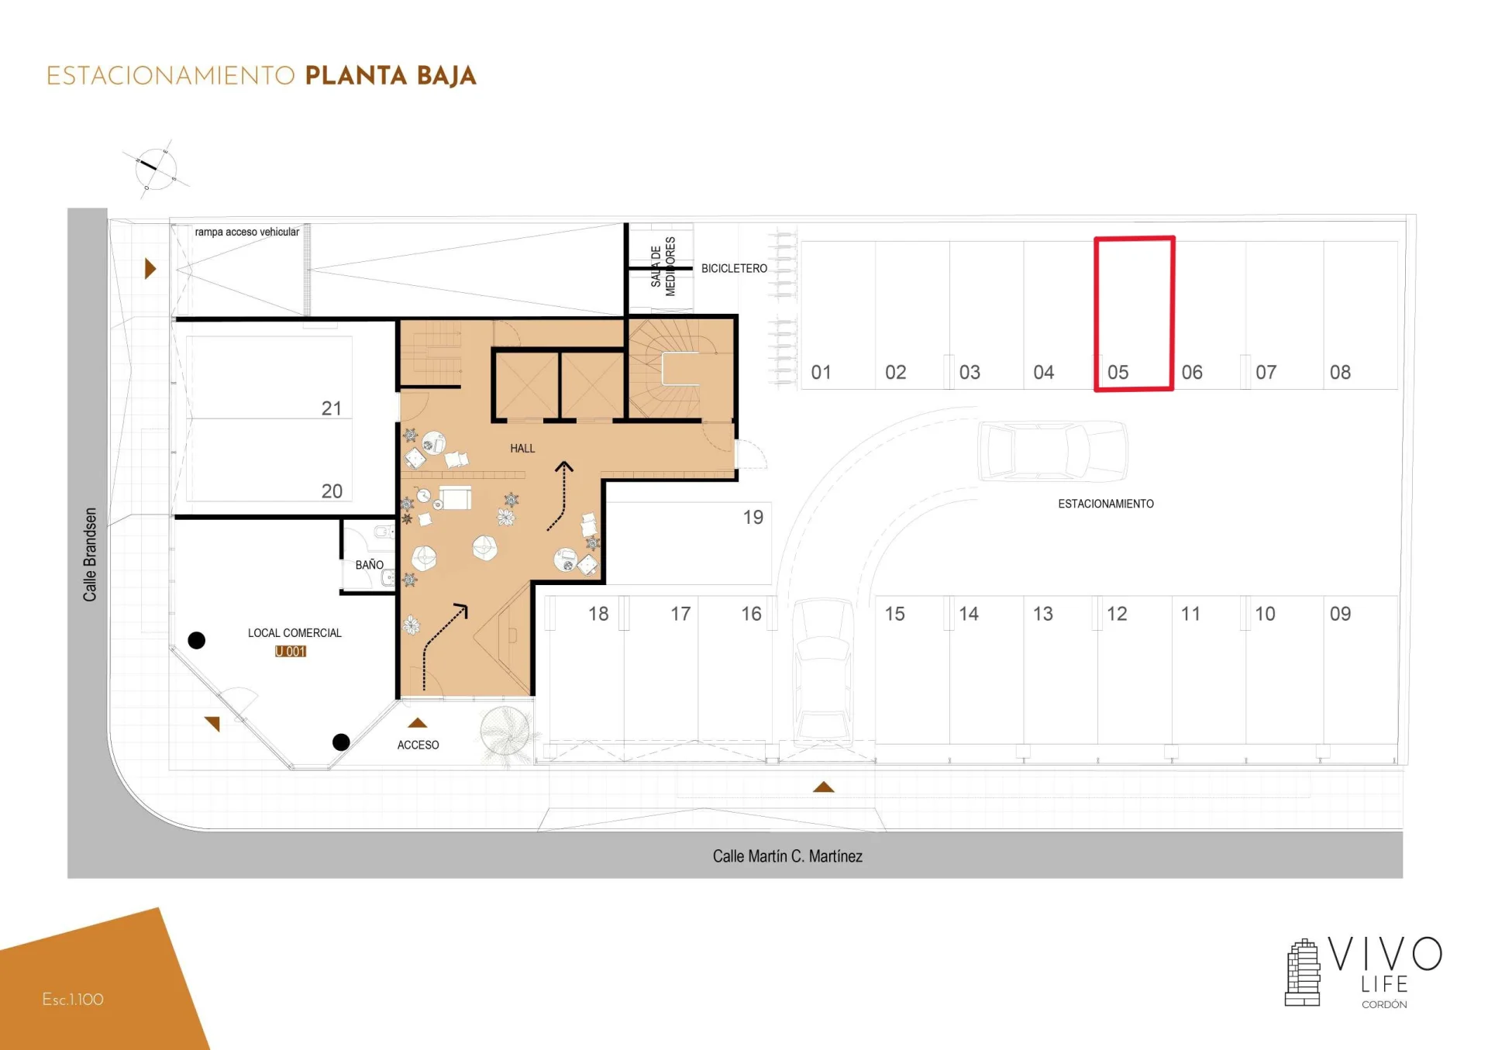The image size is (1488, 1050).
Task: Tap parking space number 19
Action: pyautogui.click(x=753, y=517)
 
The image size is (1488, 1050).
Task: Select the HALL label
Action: pyautogui.click(x=522, y=448)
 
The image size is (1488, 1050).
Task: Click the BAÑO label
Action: pyautogui.click(x=369, y=564)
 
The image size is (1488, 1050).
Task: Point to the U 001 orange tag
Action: pyautogui.click(x=291, y=652)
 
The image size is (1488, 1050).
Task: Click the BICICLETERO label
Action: pyautogui.click(x=734, y=268)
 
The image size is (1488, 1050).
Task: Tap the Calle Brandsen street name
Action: pyautogui.click(x=90, y=554)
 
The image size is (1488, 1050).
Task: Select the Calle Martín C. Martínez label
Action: pyautogui.click(x=787, y=855)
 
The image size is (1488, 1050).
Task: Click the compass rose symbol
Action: pyautogui.click(x=156, y=169)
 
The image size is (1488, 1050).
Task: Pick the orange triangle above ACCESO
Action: pyautogui.click(x=418, y=723)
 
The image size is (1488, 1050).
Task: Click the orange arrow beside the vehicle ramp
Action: pyautogui.click(x=150, y=269)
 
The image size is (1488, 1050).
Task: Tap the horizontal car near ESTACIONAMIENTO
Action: pyautogui.click(x=1052, y=451)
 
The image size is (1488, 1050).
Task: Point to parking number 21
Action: pyautogui.click(x=332, y=408)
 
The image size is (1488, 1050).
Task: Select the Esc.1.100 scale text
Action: pyautogui.click(x=73, y=1000)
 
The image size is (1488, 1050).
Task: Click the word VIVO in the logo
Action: pyautogui.click(x=1385, y=954)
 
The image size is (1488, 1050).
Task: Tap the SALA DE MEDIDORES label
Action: pyautogui.click(x=663, y=266)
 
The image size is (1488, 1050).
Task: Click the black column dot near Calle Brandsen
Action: pyautogui.click(x=197, y=640)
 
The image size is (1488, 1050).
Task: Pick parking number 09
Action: pyautogui.click(x=1340, y=614)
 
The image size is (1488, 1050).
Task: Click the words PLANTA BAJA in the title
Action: pyautogui.click(x=391, y=76)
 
